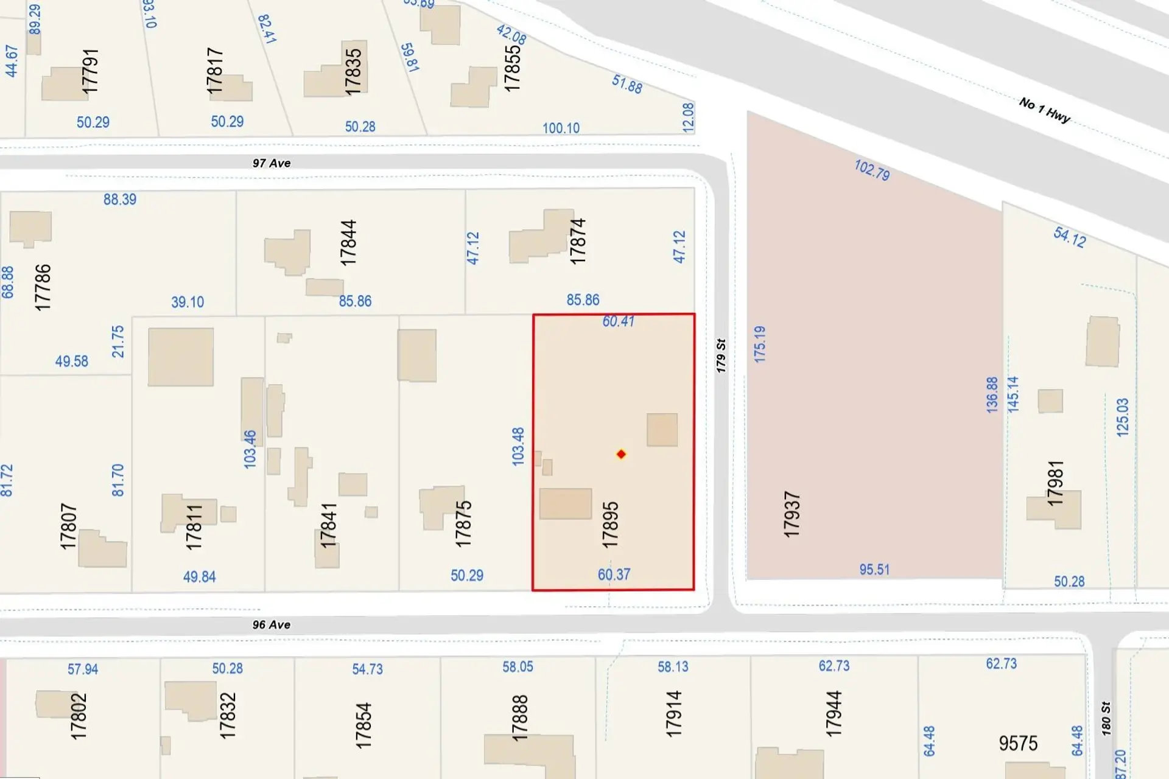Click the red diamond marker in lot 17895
click(x=621, y=454)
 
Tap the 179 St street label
click(x=721, y=355)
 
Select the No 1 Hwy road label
click(x=1044, y=110)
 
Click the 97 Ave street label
click(x=272, y=163)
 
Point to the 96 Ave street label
click(x=272, y=624)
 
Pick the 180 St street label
click(x=1106, y=718)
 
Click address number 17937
click(x=792, y=514)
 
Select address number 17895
click(x=610, y=525)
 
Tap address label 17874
click(x=577, y=241)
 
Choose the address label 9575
click(x=1018, y=743)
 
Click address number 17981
click(x=1055, y=483)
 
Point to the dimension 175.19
click(x=760, y=344)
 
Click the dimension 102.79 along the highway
click(x=872, y=170)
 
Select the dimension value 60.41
click(x=618, y=321)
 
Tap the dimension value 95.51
click(x=874, y=570)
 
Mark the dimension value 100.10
click(x=561, y=128)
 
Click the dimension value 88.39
click(x=120, y=200)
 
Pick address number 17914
click(x=673, y=714)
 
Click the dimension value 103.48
click(x=518, y=447)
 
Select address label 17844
click(x=348, y=243)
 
